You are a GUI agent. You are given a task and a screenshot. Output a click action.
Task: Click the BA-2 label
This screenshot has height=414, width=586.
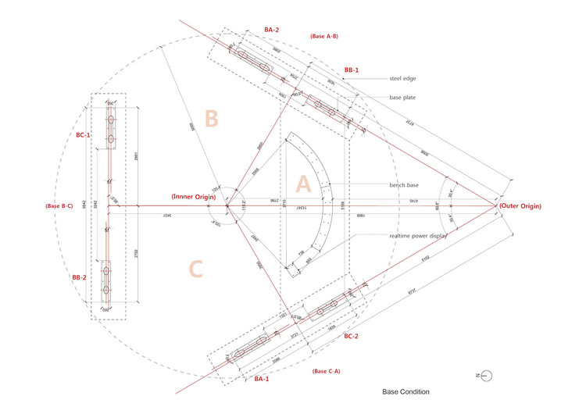[271, 30]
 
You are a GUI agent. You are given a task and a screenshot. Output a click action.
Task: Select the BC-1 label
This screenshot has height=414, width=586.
[83, 135]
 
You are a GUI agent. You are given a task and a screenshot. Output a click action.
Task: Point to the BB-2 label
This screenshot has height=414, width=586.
[80, 277]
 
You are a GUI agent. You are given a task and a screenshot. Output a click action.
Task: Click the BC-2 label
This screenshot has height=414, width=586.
[349, 336]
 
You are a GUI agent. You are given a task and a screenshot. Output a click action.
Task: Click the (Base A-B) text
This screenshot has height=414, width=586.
[323, 37]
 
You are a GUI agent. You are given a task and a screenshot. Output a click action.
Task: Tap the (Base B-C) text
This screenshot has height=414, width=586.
[59, 206]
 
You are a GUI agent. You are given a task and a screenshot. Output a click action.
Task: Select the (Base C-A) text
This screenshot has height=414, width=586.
[325, 370]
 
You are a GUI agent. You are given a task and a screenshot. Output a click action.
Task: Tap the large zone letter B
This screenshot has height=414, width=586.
[211, 119]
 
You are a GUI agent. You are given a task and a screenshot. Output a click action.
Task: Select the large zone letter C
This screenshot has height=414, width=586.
[196, 269]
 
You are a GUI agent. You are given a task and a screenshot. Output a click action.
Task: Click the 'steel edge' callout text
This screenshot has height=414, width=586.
[406, 79]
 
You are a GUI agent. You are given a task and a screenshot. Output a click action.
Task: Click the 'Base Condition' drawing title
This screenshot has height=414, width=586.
[406, 391]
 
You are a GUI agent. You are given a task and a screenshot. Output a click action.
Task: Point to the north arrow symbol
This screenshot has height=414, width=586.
[486, 376]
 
